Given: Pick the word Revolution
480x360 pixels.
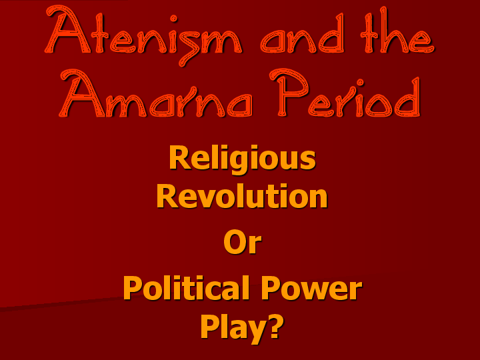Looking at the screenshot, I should pyautogui.click(x=242, y=196).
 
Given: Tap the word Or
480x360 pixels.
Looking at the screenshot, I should pyautogui.click(x=242, y=243).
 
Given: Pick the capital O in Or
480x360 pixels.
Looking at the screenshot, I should pyautogui.click(x=234, y=243).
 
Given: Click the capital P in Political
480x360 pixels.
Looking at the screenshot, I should pyautogui.click(x=133, y=288).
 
